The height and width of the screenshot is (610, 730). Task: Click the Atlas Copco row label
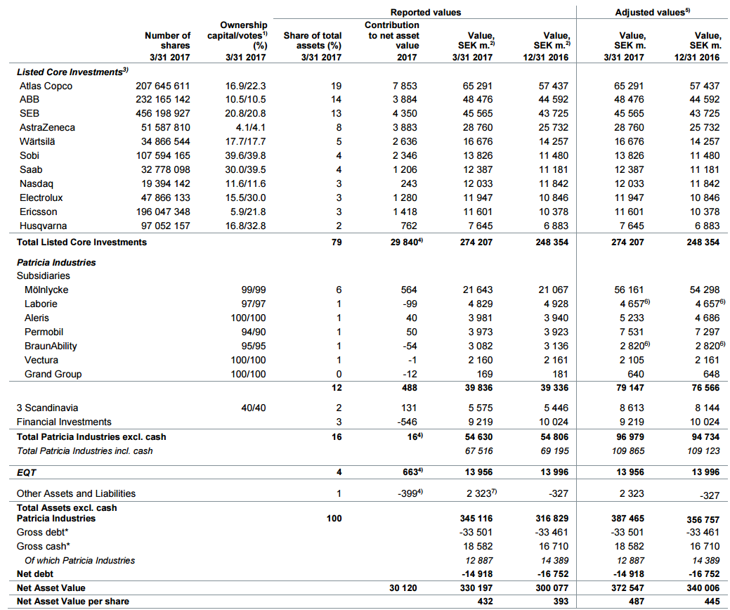(x=46, y=86)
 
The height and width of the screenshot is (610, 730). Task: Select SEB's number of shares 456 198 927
(x=162, y=114)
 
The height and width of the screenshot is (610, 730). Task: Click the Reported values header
(x=426, y=13)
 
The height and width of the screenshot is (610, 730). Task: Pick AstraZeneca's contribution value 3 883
(x=405, y=128)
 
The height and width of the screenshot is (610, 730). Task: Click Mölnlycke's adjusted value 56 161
(x=627, y=290)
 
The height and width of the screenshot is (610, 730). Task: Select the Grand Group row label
(x=53, y=374)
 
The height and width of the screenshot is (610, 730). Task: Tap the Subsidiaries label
(x=42, y=275)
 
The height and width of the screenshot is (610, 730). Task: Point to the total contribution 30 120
(x=404, y=588)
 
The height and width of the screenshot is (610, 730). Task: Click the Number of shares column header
(x=167, y=41)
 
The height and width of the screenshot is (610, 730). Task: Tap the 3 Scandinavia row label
(x=47, y=408)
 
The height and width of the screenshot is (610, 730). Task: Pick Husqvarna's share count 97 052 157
(x=162, y=226)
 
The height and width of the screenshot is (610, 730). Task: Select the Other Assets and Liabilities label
(x=76, y=493)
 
